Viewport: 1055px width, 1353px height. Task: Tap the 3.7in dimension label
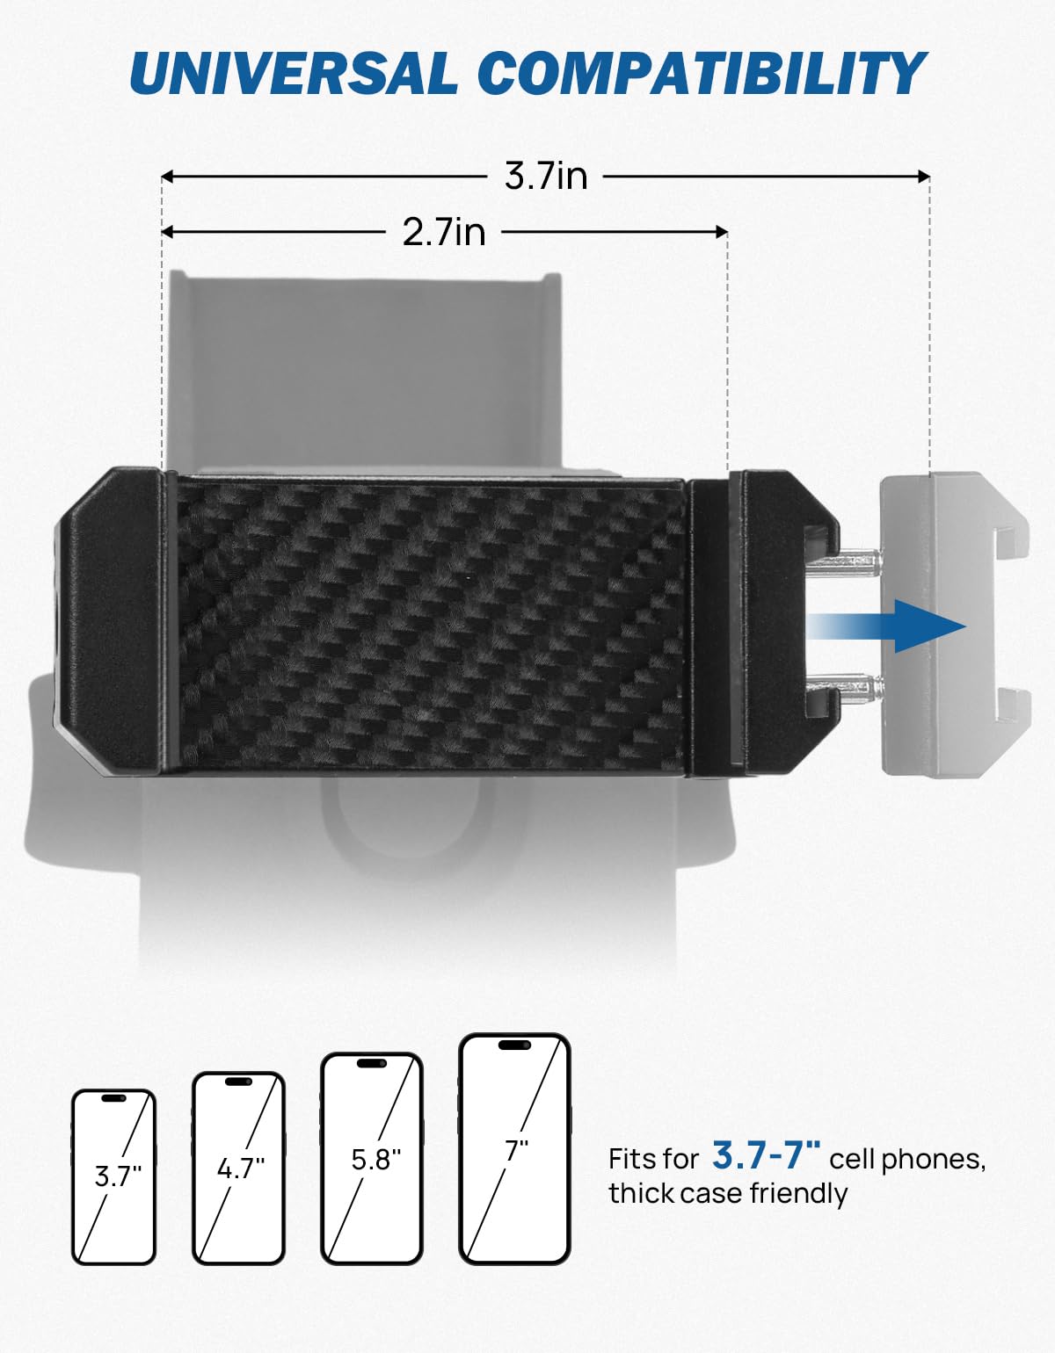pyautogui.click(x=545, y=177)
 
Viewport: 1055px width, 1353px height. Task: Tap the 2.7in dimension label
pyautogui.click(x=444, y=232)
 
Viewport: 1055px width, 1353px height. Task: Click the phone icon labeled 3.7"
pyautogui.click(x=113, y=1177)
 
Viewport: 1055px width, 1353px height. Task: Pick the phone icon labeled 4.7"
pyautogui.click(x=238, y=1168)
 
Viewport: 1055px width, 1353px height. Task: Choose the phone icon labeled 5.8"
pyautogui.click(x=372, y=1159)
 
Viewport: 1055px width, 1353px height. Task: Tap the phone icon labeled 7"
pyautogui.click(x=515, y=1149)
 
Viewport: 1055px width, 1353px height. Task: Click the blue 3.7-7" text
pyautogui.click(x=766, y=1156)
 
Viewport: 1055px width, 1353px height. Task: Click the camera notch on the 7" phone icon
pyautogui.click(x=515, y=1045)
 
